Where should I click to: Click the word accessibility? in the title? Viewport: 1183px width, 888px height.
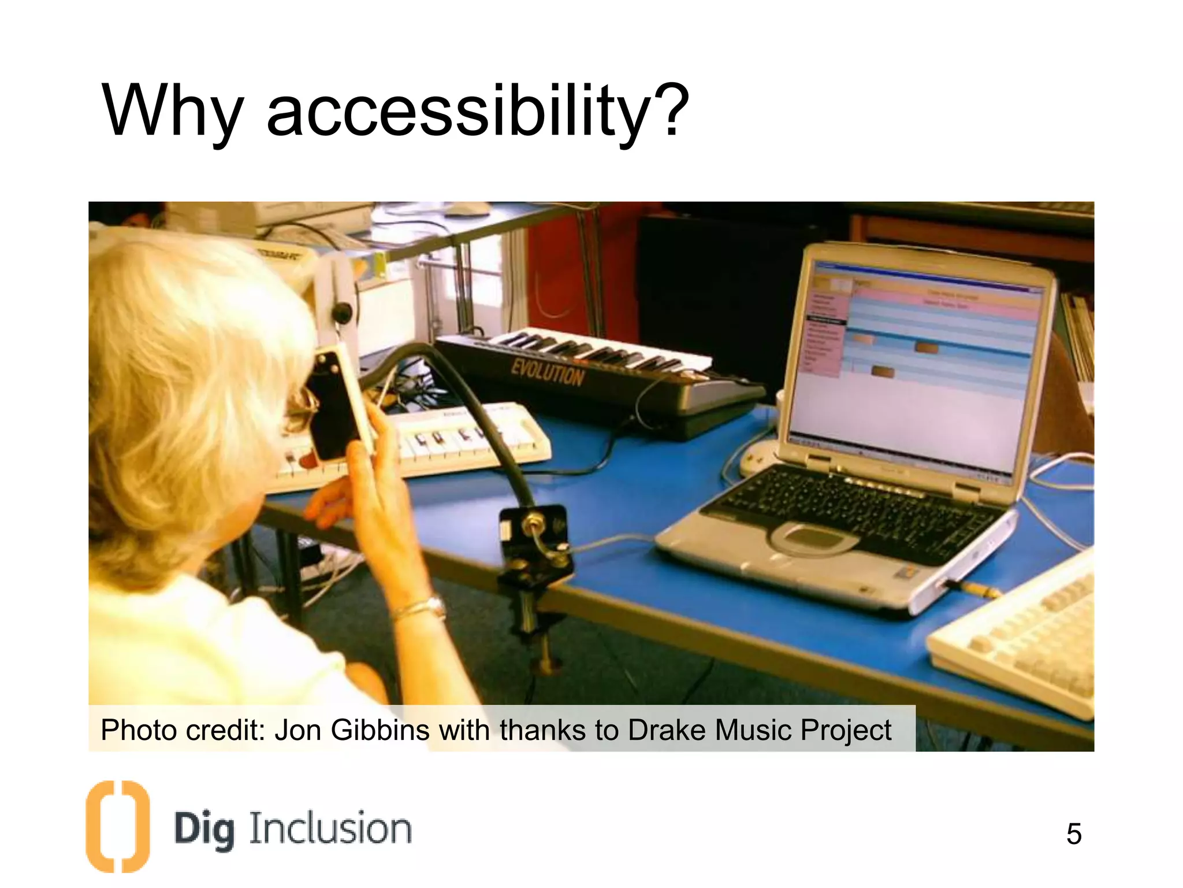(477, 110)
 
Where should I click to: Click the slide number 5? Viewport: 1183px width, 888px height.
(1073, 834)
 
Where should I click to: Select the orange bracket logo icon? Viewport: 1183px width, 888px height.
(118, 826)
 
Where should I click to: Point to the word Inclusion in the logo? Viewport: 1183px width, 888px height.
(330, 828)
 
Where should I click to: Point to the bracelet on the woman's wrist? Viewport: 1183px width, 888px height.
(421, 608)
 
